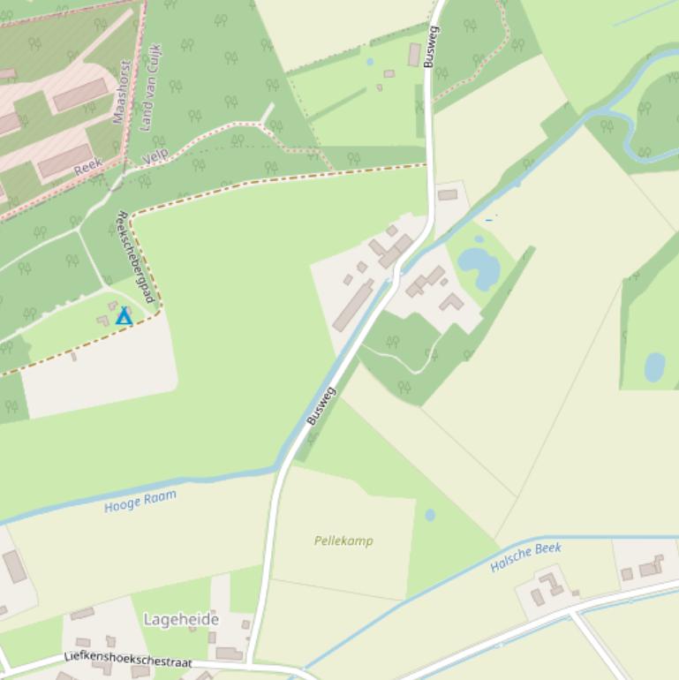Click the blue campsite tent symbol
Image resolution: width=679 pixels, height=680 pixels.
pyautogui.click(x=124, y=316)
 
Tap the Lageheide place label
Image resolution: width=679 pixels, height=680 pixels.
pyautogui.click(x=181, y=620)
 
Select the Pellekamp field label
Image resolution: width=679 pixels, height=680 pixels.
pyautogui.click(x=343, y=540)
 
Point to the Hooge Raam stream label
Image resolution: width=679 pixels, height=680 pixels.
pyautogui.click(x=140, y=501)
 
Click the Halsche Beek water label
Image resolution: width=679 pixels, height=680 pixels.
pyautogui.click(x=525, y=557)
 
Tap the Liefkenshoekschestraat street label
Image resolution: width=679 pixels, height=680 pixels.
pyautogui.click(x=128, y=660)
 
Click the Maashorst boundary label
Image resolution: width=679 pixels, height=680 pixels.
pyautogui.click(x=122, y=92)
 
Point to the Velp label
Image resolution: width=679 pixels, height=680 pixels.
pyautogui.click(x=155, y=156)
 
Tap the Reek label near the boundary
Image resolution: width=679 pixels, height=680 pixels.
pyautogui.click(x=88, y=166)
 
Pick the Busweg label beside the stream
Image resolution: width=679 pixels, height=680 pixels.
pyautogui.click(x=321, y=406)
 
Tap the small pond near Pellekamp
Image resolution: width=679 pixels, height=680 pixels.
pyautogui.click(x=430, y=515)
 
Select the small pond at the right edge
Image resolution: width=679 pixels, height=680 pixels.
pyautogui.click(x=654, y=366)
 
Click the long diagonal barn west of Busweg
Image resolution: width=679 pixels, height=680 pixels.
pyautogui.click(x=353, y=306)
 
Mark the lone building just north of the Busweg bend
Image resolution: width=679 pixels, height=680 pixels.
pyautogui.click(x=448, y=194)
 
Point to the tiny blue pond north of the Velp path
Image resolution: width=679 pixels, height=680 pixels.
pyautogui.click(x=370, y=62)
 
